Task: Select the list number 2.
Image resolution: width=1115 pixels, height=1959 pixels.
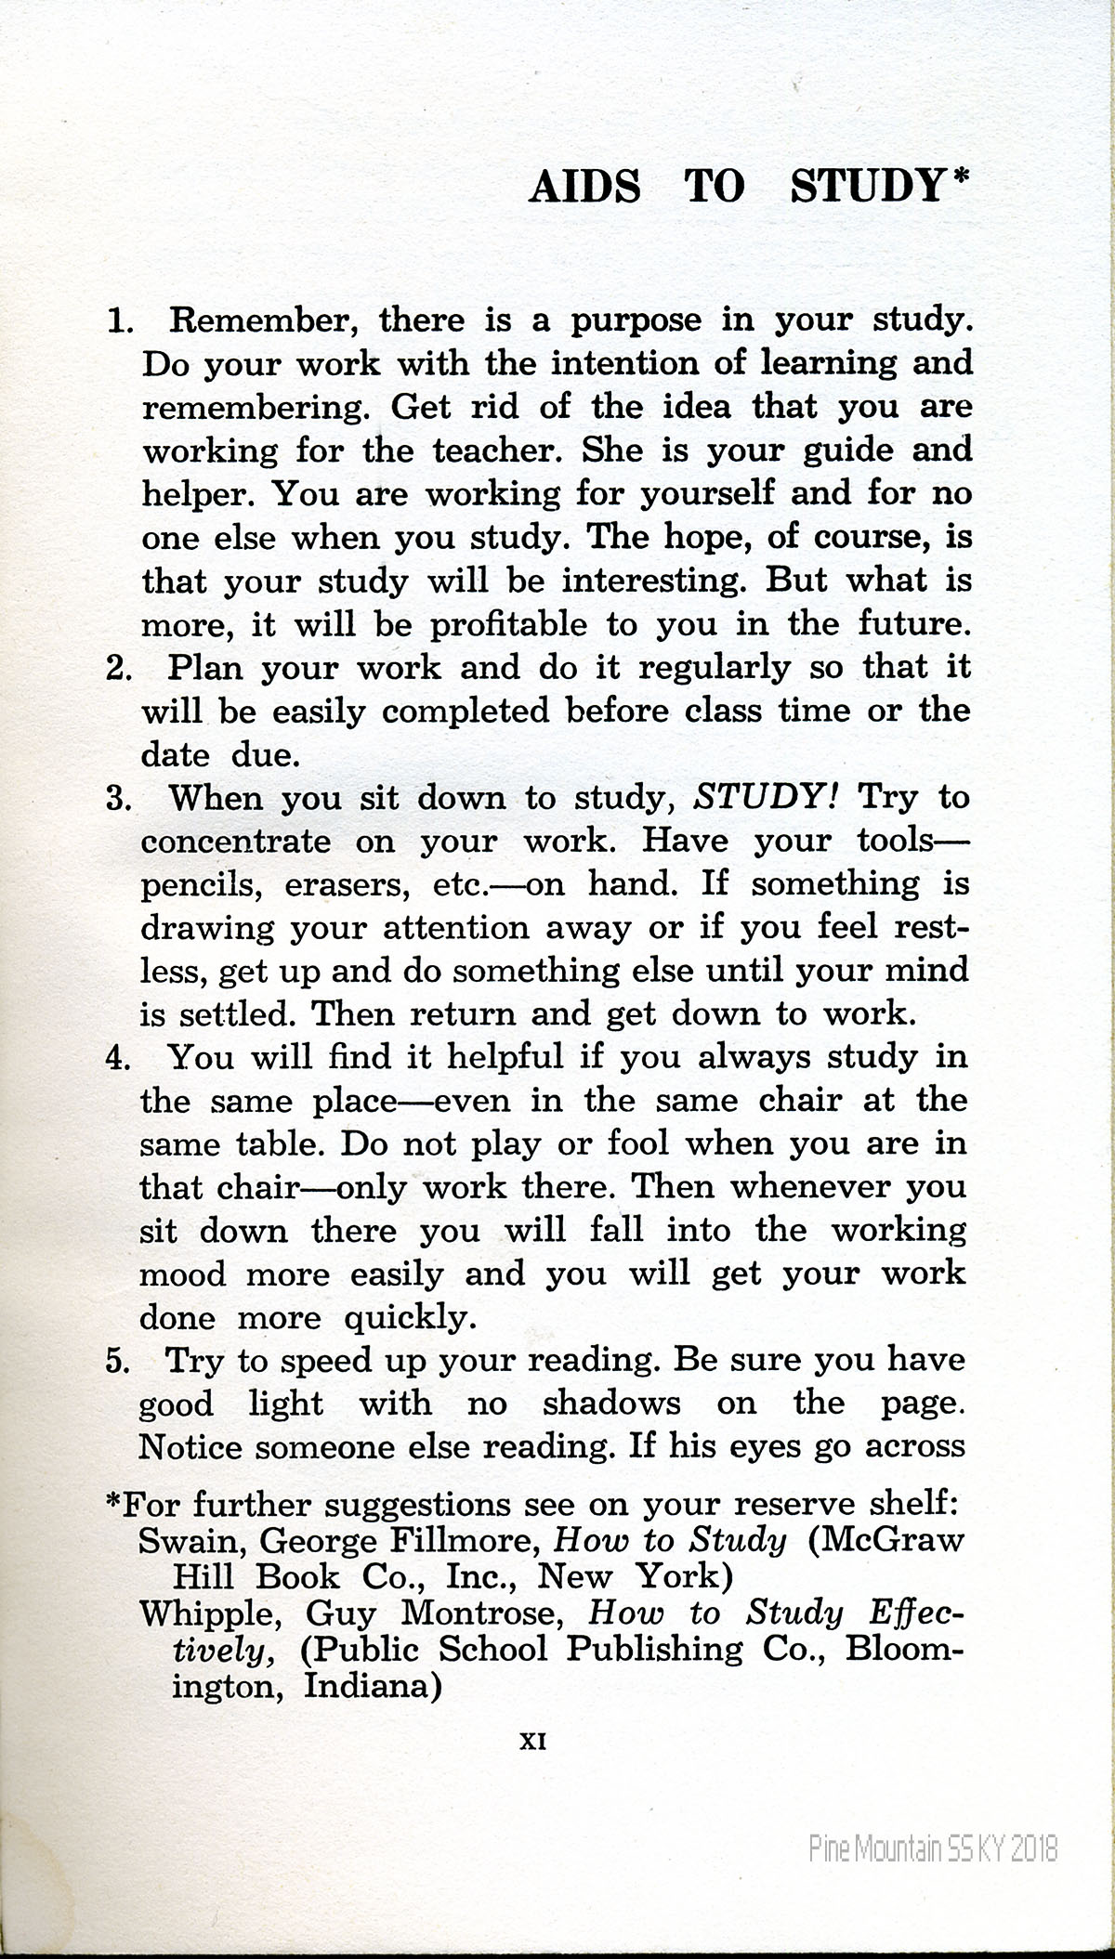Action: coord(119,668)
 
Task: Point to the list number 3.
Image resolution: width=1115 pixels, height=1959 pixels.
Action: coord(119,799)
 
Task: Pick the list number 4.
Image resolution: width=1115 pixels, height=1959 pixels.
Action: coord(119,1059)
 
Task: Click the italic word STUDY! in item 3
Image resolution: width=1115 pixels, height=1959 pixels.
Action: coord(767,797)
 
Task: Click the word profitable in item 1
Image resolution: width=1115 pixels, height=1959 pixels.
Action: coord(507,624)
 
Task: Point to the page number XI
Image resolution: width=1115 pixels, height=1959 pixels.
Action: coord(532,1744)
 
